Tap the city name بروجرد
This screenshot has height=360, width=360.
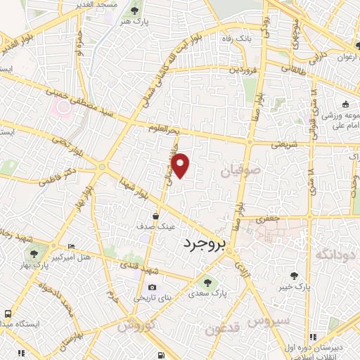pos(206,245)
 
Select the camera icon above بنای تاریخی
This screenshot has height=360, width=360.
pos(152,287)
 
